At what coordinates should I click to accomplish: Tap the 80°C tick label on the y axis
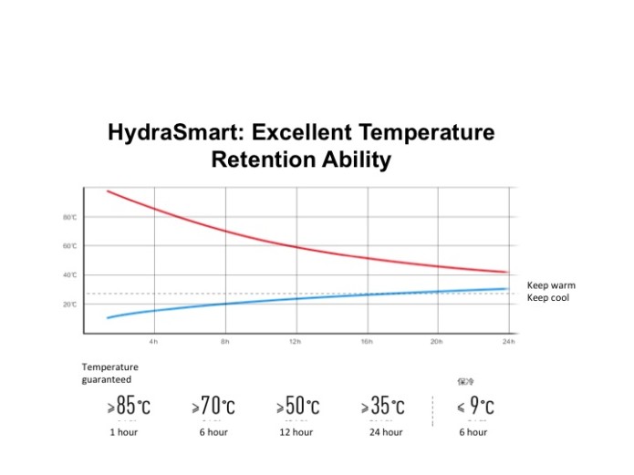[70, 217]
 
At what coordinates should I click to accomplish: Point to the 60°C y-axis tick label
[70, 246]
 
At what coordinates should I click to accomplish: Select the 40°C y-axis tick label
[70, 275]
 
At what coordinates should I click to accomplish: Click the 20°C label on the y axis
[70, 305]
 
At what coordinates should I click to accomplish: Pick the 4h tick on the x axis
[153, 341]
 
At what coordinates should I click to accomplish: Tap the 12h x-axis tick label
[295, 341]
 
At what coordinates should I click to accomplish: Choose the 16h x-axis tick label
[367, 341]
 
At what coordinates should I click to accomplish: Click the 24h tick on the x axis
[508, 341]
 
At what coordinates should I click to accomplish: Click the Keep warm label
[551, 285]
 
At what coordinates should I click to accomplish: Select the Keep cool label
[548, 298]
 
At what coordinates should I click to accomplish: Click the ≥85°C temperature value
[129, 407]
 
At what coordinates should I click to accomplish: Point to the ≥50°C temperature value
[297, 407]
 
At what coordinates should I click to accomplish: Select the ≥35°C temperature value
[383, 407]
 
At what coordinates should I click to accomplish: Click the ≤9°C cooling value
[475, 407]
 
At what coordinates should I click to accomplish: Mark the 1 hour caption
[123, 432]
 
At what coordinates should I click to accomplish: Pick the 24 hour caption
[386, 432]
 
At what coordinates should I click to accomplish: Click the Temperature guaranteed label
[110, 373]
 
